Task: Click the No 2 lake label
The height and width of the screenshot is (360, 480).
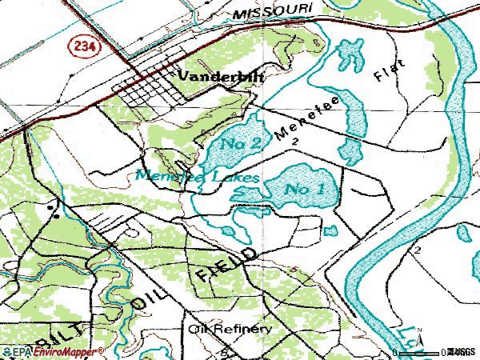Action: point(242,143)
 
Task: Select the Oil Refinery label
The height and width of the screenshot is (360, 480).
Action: point(230,329)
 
